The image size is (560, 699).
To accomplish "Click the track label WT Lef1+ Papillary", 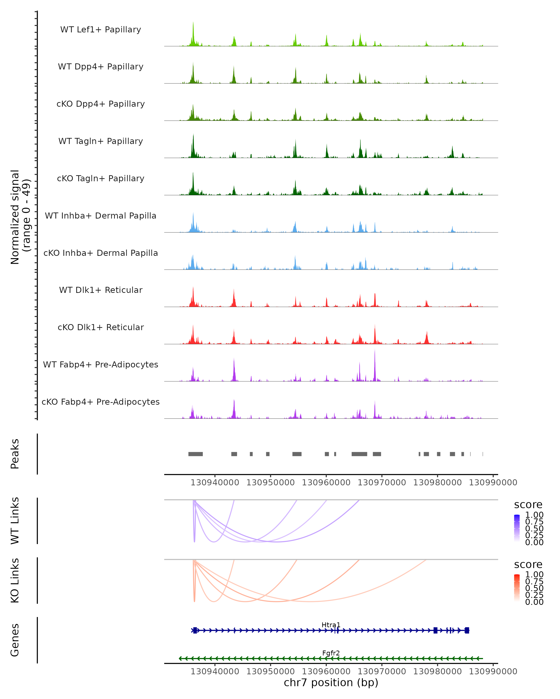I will pos(101,30).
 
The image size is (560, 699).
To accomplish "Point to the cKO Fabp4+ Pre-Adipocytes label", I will pos(101,402).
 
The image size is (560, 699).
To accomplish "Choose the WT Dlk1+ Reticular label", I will pos(101,290).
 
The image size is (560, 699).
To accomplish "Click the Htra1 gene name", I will pos(331,625).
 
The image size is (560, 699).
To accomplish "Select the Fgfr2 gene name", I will pos(331,653).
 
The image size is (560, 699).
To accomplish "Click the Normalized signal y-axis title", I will pos(20,217).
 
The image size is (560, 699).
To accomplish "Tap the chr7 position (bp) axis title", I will pos(331,682).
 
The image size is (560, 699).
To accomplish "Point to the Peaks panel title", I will pos(15,454).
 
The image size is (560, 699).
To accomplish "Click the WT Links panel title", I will pos(15,521).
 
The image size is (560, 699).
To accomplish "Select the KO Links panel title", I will pos(15,580).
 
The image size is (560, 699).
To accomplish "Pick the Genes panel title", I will pos(15,640).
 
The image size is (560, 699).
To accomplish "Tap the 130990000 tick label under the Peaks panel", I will pos(493,483).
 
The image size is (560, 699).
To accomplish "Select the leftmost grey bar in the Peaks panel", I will pos(196,454).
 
